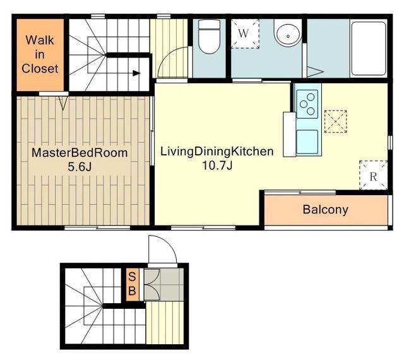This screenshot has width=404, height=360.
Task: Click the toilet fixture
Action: point(209,37)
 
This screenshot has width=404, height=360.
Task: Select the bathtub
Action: point(369,48)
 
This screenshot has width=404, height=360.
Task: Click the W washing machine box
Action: point(245,33)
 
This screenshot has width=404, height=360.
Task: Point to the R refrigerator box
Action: point(373,175)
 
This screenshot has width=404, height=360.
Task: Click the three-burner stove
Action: point(307,104)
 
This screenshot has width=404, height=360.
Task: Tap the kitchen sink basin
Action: point(307,141)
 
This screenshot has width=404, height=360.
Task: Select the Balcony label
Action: point(326,210)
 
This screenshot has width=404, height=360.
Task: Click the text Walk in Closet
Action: point(40,54)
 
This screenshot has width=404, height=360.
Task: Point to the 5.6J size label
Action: point(80,167)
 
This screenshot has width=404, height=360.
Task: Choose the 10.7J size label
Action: point(217,165)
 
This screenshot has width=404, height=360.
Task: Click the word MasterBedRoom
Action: point(80,153)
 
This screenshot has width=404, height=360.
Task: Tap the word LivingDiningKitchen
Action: point(217,152)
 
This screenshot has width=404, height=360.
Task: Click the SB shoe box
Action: point(132,284)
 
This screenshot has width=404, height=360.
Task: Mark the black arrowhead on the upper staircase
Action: point(136,73)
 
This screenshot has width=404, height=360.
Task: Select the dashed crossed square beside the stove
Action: point(335,121)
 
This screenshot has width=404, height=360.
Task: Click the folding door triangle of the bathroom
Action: point(315,72)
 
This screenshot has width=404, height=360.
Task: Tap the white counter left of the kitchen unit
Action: point(289,134)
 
